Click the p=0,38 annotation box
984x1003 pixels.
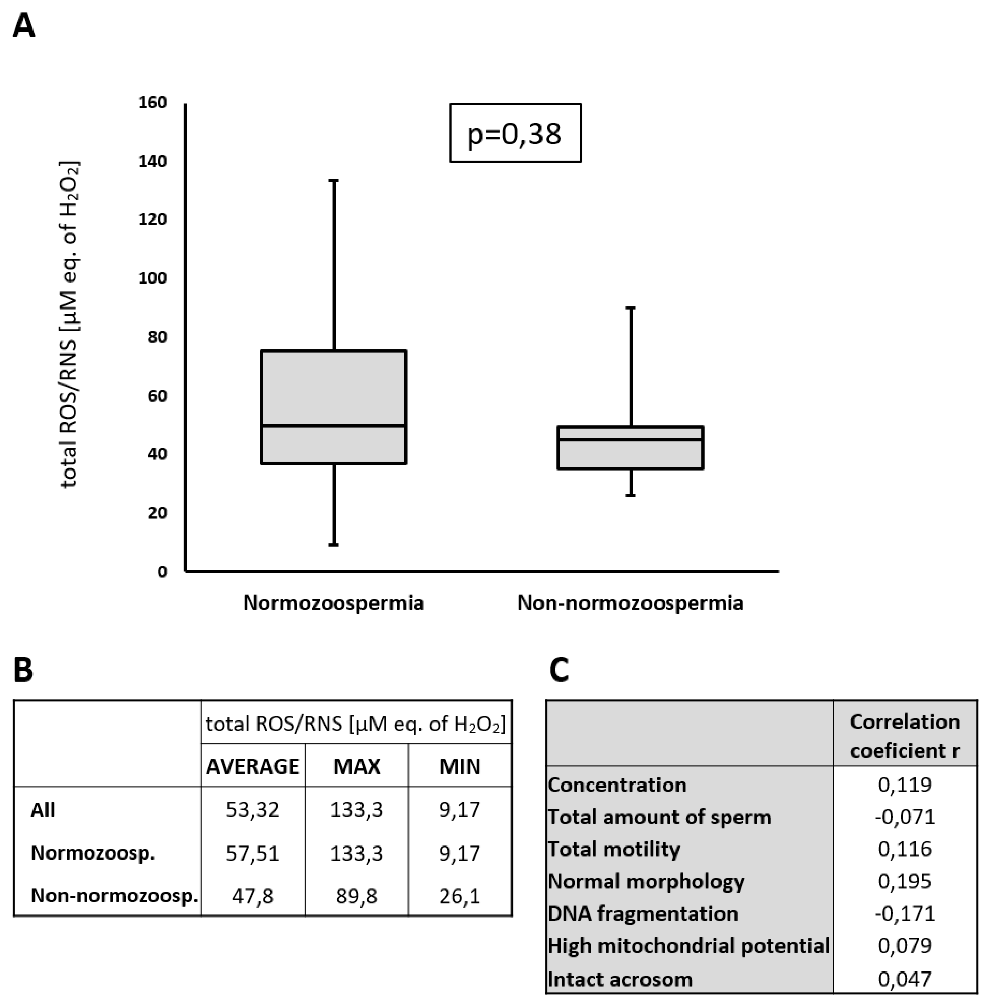[515, 133]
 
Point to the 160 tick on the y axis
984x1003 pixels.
[153, 102]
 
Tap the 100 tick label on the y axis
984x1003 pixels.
[153, 278]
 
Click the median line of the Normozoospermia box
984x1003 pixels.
[333, 426]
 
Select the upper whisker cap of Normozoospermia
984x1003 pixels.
[334, 180]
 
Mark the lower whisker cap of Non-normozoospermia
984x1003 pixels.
[631, 495]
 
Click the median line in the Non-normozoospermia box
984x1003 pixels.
[631, 439]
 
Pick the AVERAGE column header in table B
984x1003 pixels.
[252, 766]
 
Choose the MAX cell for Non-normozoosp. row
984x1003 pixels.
[356, 895]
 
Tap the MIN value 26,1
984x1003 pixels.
[459, 895]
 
